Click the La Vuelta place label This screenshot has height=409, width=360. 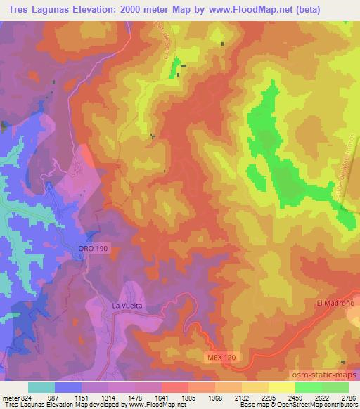[x=127, y=306]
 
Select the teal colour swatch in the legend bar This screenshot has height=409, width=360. [x=41, y=387]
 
